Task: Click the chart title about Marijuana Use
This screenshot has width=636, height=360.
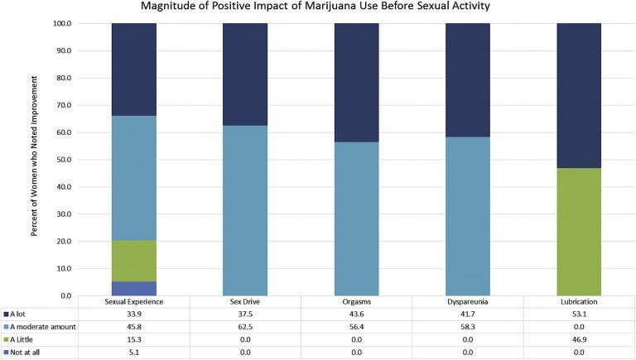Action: tap(318, 7)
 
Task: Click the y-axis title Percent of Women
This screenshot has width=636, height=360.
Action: tap(36, 157)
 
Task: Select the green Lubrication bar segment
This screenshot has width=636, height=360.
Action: tap(579, 232)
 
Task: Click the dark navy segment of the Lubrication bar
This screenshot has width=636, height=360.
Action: tap(579, 95)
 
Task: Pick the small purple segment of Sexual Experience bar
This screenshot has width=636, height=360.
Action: tap(134, 288)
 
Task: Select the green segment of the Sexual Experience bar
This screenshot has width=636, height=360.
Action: tap(134, 261)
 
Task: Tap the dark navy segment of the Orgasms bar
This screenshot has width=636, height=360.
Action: tap(356, 83)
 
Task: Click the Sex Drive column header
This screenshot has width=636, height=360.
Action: tap(245, 302)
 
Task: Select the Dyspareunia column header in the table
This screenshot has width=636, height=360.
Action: tap(468, 302)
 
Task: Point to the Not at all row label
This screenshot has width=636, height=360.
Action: tap(29, 353)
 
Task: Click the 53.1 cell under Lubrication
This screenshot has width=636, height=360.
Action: tap(579, 314)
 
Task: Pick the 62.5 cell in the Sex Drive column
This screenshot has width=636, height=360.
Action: tap(245, 328)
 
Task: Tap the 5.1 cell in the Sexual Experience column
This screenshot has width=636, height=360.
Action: tap(134, 353)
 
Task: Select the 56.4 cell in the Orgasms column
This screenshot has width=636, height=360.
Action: tap(356, 328)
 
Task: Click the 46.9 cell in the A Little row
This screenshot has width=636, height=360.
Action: tap(579, 340)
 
